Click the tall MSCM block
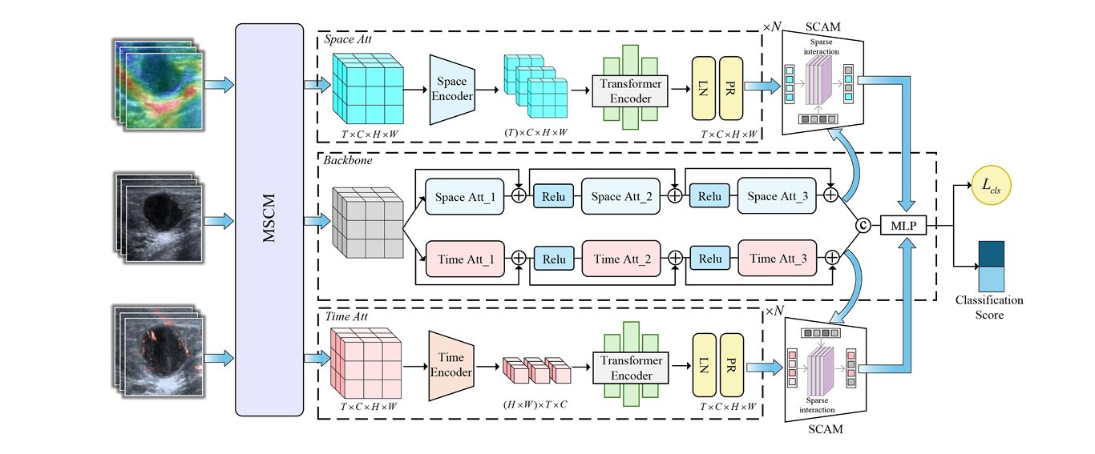(x=269, y=219)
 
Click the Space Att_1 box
(x=470, y=196)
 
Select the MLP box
(x=903, y=227)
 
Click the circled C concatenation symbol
(x=863, y=227)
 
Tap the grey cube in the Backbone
(x=366, y=222)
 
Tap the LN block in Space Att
(x=704, y=90)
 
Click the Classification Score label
(x=989, y=307)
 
